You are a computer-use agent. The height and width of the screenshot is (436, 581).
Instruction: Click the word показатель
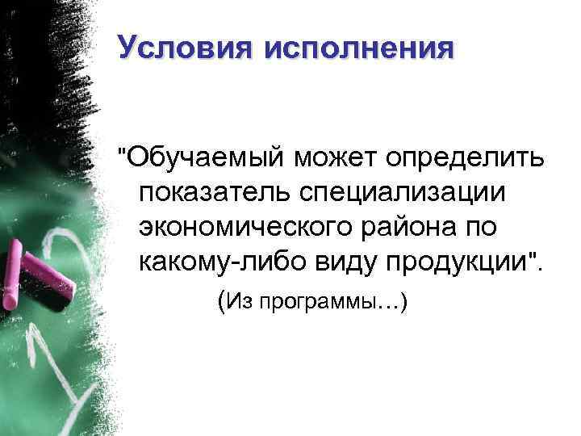216,193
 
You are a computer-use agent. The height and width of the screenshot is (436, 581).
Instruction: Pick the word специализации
404,194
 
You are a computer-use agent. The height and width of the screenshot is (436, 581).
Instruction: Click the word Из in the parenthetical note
239,303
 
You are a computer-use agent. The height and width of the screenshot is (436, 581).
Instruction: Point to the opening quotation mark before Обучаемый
121,151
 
